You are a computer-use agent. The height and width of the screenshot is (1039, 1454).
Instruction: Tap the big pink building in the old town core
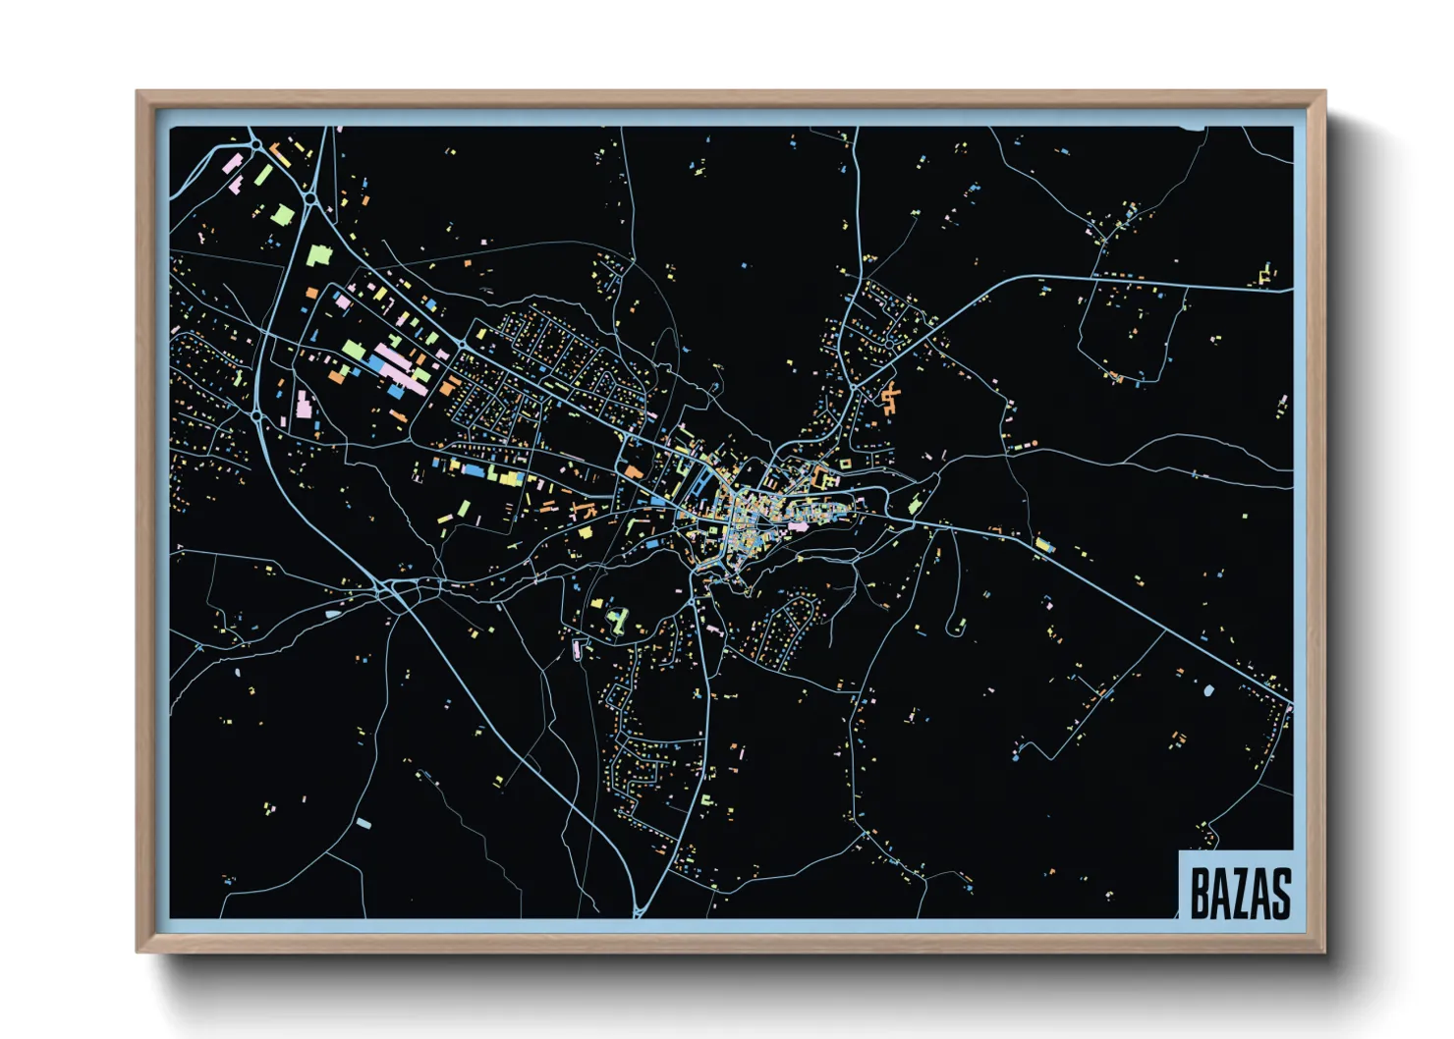pyautogui.click(x=798, y=525)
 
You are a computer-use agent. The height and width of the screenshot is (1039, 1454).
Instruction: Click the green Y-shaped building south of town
pyautogui.click(x=618, y=619)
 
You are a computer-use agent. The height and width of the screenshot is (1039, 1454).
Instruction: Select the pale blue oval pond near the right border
pyautogui.click(x=1208, y=691)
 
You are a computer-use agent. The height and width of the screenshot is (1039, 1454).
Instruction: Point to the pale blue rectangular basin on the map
pyautogui.click(x=363, y=823)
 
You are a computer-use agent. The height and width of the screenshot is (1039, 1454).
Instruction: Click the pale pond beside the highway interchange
pyautogui.click(x=332, y=615)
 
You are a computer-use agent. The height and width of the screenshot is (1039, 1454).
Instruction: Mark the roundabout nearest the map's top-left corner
pyautogui.click(x=256, y=145)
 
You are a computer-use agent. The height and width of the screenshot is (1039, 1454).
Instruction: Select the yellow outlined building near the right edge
pyautogui.click(x=1265, y=274)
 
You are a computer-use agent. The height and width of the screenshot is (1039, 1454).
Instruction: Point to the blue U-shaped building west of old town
pyautogui.click(x=703, y=482)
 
